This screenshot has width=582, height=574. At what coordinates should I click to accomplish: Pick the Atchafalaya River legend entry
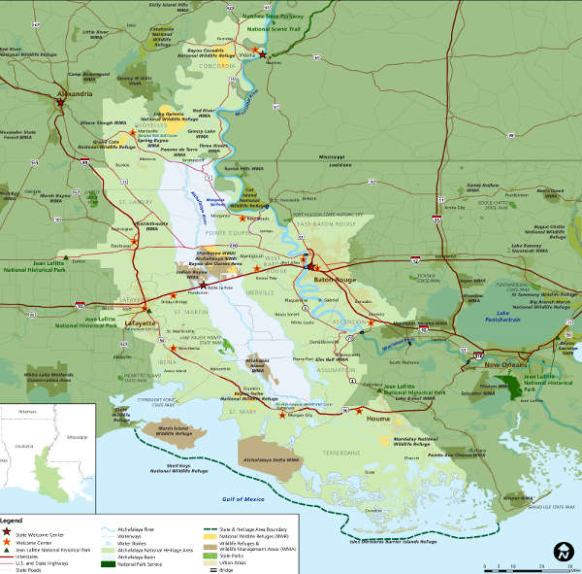tap(136, 529)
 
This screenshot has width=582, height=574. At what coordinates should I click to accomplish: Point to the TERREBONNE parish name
tap(335, 453)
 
